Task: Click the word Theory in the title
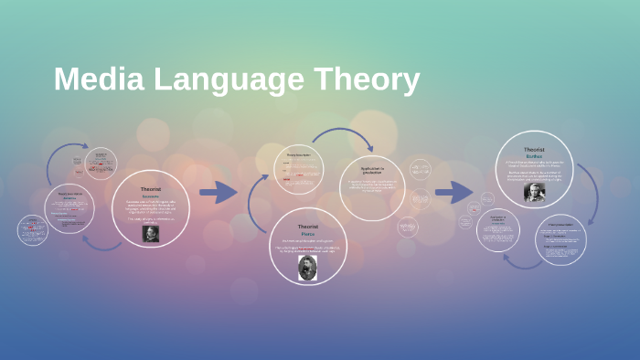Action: point(371,79)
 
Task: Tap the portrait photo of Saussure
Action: point(151,233)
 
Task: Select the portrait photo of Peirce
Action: point(307,267)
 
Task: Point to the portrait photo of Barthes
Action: point(534,192)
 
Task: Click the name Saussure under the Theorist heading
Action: point(151,196)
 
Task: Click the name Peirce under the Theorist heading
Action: point(307,234)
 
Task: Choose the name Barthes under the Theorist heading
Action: point(534,155)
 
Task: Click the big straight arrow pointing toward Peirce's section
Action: point(218,192)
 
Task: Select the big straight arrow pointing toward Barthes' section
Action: point(453,192)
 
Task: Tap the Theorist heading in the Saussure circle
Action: point(151,189)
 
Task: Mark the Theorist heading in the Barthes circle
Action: point(534,148)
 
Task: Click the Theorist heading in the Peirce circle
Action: point(307,226)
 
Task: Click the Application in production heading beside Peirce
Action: point(371,170)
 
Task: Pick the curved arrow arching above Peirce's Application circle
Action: point(343,137)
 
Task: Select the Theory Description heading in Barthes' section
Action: point(560,224)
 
